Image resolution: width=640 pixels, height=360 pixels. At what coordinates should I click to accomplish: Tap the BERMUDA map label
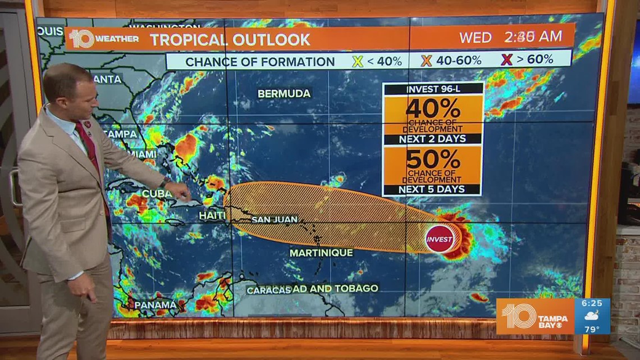(x=284, y=94)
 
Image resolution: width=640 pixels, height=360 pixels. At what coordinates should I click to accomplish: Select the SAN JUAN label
(x=275, y=219)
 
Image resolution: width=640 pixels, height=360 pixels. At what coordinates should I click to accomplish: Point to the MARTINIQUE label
(x=321, y=253)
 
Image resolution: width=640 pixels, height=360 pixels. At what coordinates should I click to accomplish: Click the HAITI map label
(x=212, y=215)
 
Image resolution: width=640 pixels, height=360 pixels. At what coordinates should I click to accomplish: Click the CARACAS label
(x=268, y=290)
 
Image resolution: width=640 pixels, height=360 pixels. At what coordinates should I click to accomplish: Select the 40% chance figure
(x=433, y=108)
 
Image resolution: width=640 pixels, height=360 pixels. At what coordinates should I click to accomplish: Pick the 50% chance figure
(x=433, y=159)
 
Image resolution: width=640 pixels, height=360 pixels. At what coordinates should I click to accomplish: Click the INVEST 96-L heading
(x=433, y=88)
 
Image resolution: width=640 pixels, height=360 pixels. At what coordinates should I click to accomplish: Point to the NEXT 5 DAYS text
(x=433, y=190)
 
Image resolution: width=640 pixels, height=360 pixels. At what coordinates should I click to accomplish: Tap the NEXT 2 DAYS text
(x=433, y=139)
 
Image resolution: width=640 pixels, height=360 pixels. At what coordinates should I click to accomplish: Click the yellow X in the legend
(x=357, y=60)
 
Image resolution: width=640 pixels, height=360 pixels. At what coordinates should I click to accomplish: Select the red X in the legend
(x=506, y=60)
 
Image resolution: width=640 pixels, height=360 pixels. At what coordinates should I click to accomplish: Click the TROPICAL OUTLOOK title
(x=230, y=39)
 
